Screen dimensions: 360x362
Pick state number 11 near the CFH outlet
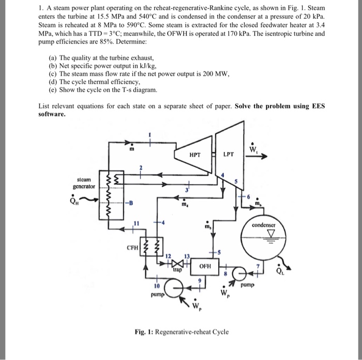point(137,223)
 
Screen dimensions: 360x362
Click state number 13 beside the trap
point(187,257)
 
